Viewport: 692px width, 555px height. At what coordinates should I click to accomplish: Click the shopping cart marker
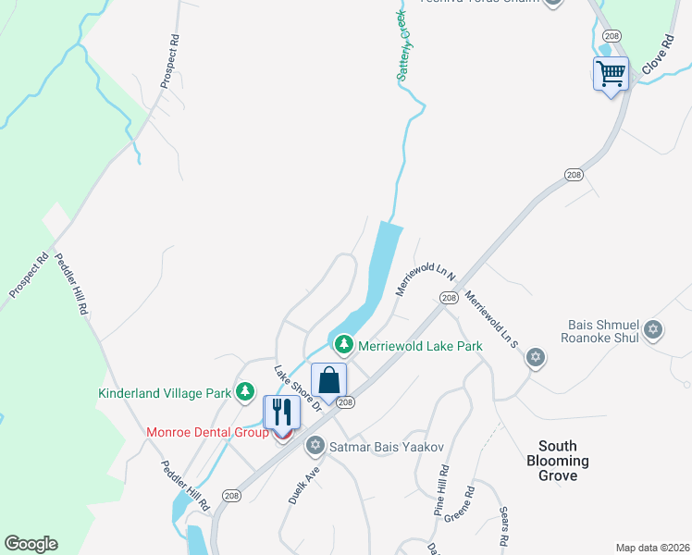pyautogui.click(x=611, y=73)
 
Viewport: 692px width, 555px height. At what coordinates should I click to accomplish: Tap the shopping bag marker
pyautogui.click(x=328, y=380)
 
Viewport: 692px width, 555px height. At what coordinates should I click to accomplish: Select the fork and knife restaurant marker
pyautogui.click(x=282, y=412)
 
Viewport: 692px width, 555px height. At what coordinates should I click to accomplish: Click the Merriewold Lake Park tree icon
pyautogui.click(x=344, y=345)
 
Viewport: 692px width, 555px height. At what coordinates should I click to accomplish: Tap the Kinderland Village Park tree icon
pyautogui.click(x=245, y=392)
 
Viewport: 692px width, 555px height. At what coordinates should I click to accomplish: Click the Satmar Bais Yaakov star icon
pyautogui.click(x=315, y=447)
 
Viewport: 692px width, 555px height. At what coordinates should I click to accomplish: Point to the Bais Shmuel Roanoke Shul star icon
pyautogui.click(x=653, y=329)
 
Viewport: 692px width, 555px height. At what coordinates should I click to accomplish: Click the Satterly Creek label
pyautogui.click(x=409, y=46)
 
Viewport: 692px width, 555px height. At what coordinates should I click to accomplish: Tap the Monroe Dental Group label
pyautogui.click(x=207, y=432)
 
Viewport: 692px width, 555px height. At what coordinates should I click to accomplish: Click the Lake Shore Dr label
pyautogui.click(x=296, y=388)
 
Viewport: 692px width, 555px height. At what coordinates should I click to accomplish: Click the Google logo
pyautogui.click(x=31, y=544)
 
